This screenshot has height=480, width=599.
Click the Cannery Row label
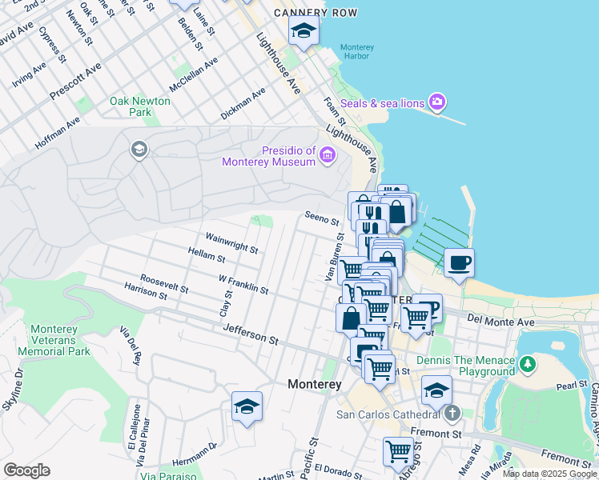pyautogui.click(x=315, y=14)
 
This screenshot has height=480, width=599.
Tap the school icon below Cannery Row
pyautogui.click(x=304, y=32)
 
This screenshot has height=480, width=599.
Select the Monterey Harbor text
pyautogui.click(x=357, y=52)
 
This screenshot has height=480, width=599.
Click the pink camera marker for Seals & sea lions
pyautogui.click(x=437, y=102)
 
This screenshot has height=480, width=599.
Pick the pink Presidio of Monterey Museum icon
pyautogui.click(x=327, y=154)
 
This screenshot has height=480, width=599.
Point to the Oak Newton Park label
pyautogui.click(x=140, y=106)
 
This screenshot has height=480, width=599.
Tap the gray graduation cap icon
pyautogui.click(x=139, y=150)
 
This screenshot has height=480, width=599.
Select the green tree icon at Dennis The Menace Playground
pyautogui.click(x=527, y=365)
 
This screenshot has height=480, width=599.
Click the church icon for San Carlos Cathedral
pyautogui.click(x=452, y=414)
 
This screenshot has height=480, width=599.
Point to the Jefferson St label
pyautogui.click(x=251, y=334)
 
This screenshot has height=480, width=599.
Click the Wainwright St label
pyautogui.click(x=231, y=242)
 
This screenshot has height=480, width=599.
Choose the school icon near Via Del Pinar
pyautogui.click(x=247, y=406)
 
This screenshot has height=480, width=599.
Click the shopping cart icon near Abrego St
pyautogui.click(x=398, y=451)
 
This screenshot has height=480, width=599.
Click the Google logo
pyautogui.click(x=26, y=470)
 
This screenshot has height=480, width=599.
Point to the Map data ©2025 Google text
pyautogui.click(x=549, y=474)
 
